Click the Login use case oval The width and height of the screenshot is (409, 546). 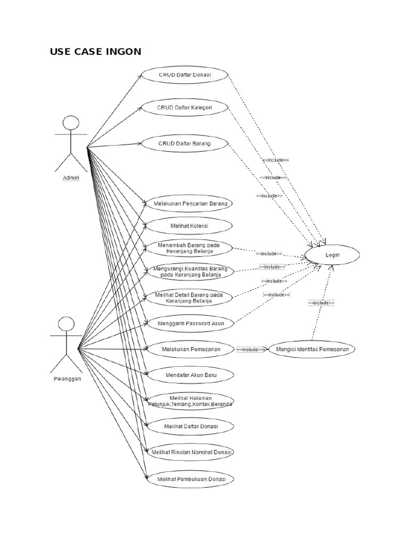(332, 255)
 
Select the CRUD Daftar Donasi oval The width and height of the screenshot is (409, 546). (185, 75)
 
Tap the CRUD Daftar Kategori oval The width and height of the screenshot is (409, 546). (185, 107)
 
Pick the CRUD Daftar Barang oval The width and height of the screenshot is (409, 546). (184, 143)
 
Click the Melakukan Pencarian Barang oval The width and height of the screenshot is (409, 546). (190, 204)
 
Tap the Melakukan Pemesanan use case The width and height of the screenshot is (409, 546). (190, 350)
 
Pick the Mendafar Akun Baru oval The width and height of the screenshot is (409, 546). (191, 375)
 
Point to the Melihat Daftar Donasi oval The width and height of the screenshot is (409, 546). (190, 427)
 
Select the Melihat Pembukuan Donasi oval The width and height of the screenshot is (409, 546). (191, 479)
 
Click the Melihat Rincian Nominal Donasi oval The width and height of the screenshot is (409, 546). (191, 452)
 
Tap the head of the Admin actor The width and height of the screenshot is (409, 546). (70, 124)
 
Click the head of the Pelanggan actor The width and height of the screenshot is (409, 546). (66, 324)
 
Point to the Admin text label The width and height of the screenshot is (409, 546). (70, 178)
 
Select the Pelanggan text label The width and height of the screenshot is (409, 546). (67, 379)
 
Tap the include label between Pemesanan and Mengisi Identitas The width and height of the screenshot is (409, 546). (250, 350)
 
